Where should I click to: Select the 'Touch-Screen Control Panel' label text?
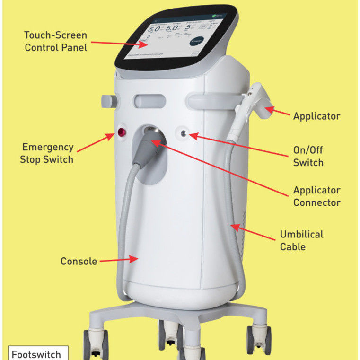tap(56, 41)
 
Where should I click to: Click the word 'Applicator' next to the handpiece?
tap(316, 116)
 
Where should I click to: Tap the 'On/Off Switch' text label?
tap(308, 157)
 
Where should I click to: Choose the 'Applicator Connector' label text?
tap(316, 196)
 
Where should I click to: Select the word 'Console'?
tap(79, 261)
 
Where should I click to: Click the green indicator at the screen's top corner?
tap(219, 14)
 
